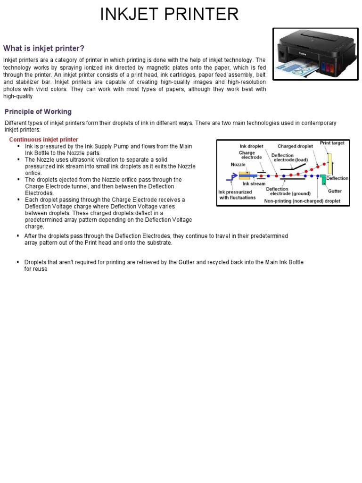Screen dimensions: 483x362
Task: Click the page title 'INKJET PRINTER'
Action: (169, 14)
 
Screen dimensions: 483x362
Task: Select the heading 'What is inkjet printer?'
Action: (44, 48)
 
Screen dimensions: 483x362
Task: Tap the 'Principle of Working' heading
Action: (38, 112)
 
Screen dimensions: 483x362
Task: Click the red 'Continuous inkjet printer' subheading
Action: (44, 140)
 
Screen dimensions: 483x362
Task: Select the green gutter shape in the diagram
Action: (323, 179)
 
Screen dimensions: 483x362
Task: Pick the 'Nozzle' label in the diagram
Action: (238, 165)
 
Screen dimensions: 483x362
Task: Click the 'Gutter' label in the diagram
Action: (335, 191)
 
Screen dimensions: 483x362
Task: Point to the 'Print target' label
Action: (332, 143)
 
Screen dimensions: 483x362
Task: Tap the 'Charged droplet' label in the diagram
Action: (295, 146)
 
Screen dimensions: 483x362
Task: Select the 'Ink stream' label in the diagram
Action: (254, 183)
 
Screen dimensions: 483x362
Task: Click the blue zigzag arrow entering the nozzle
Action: (232, 177)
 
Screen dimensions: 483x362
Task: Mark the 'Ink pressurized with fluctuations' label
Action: (236, 195)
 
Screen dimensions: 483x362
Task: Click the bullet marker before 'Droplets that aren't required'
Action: (17, 262)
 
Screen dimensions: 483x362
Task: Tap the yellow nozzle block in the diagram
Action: (244, 175)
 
